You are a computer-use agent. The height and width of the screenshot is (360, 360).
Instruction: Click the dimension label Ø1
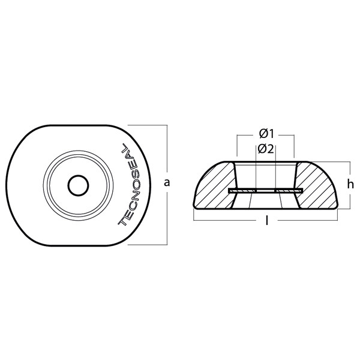pyautogui.click(x=266, y=134)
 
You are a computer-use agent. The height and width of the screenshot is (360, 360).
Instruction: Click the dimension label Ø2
pyautogui.click(x=266, y=149)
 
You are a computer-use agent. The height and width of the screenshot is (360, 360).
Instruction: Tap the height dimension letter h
pyautogui.click(x=350, y=184)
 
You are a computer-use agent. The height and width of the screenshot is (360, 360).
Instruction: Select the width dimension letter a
pyautogui.click(x=167, y=183)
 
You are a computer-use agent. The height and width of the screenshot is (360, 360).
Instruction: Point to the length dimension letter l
pyautogui.click(x=266, y=221)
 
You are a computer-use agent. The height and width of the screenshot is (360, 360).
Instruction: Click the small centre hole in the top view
pyautogui.click(x=78, y=186)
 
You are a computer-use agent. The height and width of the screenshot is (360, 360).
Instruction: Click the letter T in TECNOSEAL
pyautogui.click(x=123, y=221)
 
